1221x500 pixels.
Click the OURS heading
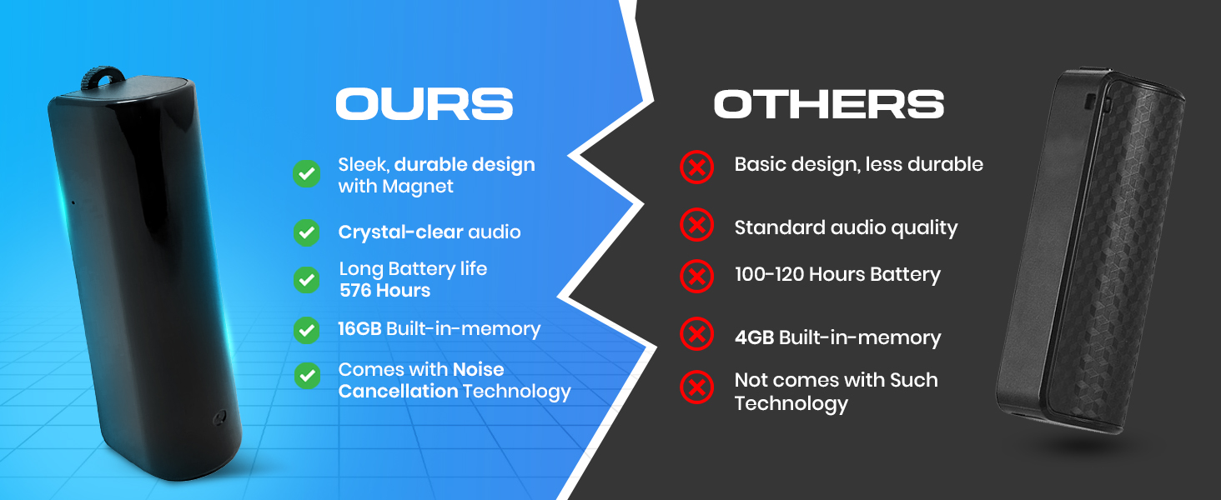click(x=424, y=104)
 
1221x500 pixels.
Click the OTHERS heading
click(x=828, y=104)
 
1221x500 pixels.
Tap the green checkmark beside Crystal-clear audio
click(x=307, y=232)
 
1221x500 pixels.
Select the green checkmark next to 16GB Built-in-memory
click(x=307, y=330)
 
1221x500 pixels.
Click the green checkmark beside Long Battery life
click(x=307, y=280)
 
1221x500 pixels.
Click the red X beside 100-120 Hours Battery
click(x=696, y=275)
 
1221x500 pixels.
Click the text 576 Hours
click(x=384, y=291)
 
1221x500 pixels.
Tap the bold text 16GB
click(x=359, y=329)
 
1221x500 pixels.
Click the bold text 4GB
click(x=754, y=337)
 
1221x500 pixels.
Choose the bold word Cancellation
click(x=398, y=391)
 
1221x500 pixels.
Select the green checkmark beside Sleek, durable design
click(x=307, y=173)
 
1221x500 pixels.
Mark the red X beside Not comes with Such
click(x=696, y=387)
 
